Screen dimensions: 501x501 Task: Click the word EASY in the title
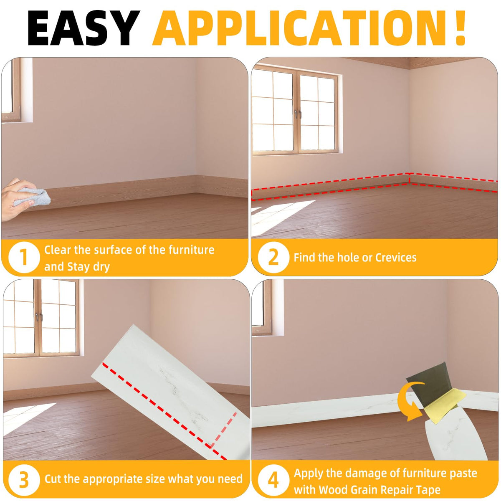pos(83,28)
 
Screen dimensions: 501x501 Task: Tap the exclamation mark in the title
pos(460,28)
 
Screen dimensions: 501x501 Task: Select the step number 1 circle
pos(24,257)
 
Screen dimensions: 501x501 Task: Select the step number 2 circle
pos(273,257)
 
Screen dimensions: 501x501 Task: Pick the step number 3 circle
pos(24,478)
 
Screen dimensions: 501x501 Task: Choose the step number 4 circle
pos(273,478)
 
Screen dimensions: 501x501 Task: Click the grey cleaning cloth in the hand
pos(33,197)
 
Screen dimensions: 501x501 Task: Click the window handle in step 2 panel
pos(298,114)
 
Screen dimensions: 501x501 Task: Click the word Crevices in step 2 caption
pos(396,258)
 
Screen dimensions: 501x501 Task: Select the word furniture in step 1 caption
pos(191,250)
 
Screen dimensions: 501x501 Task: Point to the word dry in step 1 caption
pos(101,267)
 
